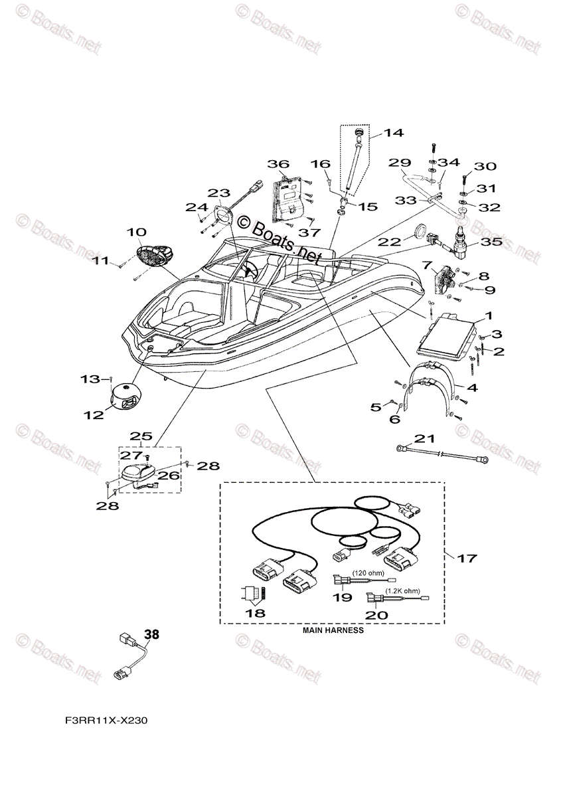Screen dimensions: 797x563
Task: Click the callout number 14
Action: (x=394, y=133)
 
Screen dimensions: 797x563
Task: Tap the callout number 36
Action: (x=279, y=164)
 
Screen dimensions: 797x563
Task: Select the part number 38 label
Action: (x=152, y=634)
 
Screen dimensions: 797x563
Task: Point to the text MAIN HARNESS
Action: (x=333, y=630)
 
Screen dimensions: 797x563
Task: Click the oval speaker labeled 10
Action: (x=154, y=255)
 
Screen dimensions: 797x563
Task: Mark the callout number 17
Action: (x=467, y=559)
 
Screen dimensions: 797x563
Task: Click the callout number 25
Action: (x=140, y=436)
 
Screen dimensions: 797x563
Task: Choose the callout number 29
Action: (x=399, y=163)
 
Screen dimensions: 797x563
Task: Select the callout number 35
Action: (x=491, y=242)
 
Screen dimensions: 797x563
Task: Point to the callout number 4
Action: (x=471, y=387)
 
